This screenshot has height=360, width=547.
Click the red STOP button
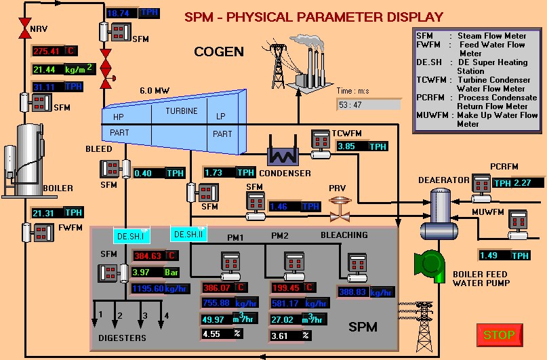pyautogui.click(x=499, y=335)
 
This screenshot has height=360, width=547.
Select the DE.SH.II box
pyautogui.click(x=188, y=234)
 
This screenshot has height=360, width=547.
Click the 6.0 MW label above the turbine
pyautogui.click(x=155, y=90)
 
